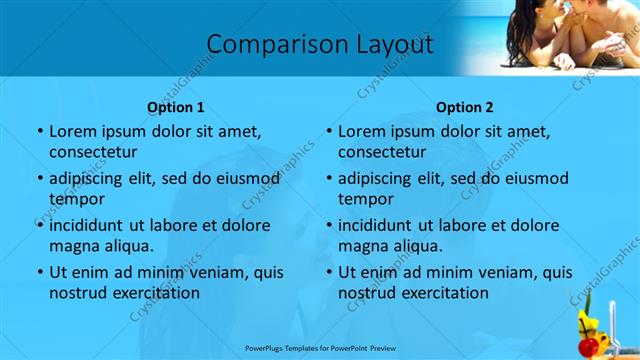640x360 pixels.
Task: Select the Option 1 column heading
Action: point(175,107)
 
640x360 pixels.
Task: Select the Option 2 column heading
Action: point(464,107)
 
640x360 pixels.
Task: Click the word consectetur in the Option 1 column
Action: point(93,152)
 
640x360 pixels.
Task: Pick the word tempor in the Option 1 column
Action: point(76,199)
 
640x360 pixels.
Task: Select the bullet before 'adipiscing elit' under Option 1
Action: point(40,179)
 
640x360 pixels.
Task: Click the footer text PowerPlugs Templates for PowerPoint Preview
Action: point(320,349)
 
